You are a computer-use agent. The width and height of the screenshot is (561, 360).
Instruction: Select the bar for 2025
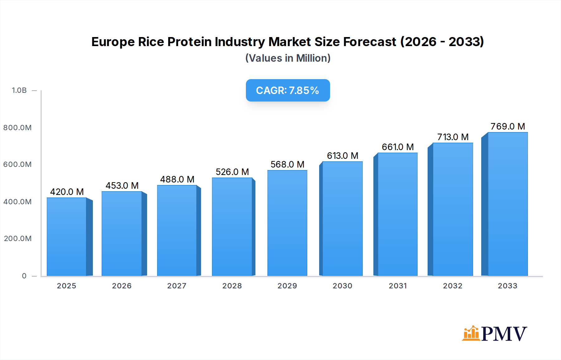(x=67, y=237)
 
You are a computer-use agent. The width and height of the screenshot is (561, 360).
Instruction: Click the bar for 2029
(x=287, y=223)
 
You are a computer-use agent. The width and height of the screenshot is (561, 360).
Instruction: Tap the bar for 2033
(x=508, y=204)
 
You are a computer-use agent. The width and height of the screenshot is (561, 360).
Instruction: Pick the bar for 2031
(x=397, y=214)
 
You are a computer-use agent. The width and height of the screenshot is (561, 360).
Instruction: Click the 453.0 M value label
(x=122, y=186)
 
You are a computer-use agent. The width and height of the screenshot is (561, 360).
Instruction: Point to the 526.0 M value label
(x=232, y=172)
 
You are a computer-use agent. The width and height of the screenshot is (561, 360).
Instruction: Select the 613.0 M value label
(x=343, y=156)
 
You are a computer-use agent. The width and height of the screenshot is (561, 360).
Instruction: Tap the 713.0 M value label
(x=453, y=137)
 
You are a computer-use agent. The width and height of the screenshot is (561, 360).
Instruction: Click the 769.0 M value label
(x=508, y=126)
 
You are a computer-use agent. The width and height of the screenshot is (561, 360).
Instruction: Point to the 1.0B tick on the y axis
(x=19, y=90)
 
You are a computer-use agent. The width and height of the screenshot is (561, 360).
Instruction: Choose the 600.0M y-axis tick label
(x=17, y=164)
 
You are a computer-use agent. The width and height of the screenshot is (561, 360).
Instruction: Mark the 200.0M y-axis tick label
(x=18, y=239)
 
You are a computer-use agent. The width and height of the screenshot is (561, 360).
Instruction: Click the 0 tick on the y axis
(x=24, y=276)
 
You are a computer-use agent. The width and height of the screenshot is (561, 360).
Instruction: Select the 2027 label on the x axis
(x=177, y=286)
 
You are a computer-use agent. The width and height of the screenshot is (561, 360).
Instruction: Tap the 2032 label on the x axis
(x=453, y=286)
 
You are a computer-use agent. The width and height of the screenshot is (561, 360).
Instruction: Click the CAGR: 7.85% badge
(x=288, y=90)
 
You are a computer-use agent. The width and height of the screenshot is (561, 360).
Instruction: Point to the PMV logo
(x=494, y=334)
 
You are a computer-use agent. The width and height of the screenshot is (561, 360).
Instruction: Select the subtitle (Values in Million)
(x=288, y=58)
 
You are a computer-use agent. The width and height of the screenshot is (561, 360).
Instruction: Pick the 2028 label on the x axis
(x=232, y=286)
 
